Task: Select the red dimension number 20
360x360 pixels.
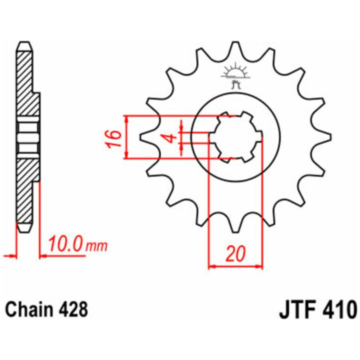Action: click(x=235, y=254)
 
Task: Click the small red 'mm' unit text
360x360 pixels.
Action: click(x=96, y=246)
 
